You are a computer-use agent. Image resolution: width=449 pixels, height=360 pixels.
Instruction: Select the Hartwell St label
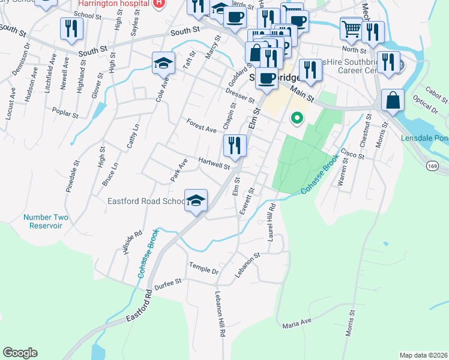coord(214,164)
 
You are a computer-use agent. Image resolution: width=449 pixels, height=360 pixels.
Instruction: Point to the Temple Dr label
coord(203,269)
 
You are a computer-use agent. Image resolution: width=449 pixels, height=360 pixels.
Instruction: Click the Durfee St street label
coord(167,283)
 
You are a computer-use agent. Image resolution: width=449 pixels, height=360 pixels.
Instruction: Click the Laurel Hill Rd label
coord(271,224)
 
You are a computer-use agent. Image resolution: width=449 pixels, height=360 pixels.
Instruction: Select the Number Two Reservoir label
coord(43,221)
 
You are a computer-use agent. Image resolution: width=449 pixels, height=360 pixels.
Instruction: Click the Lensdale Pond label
coord(424,139)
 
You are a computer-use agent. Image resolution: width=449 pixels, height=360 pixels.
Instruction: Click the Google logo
coord(20,353)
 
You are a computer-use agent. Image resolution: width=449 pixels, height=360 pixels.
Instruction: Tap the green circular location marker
coord(295,118)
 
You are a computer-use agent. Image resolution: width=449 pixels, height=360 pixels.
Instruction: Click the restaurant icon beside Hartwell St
coord(235,145)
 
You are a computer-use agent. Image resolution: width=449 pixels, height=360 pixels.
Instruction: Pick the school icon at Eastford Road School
coord(196,200)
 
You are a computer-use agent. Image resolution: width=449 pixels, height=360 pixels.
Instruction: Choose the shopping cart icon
coord(351,28)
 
